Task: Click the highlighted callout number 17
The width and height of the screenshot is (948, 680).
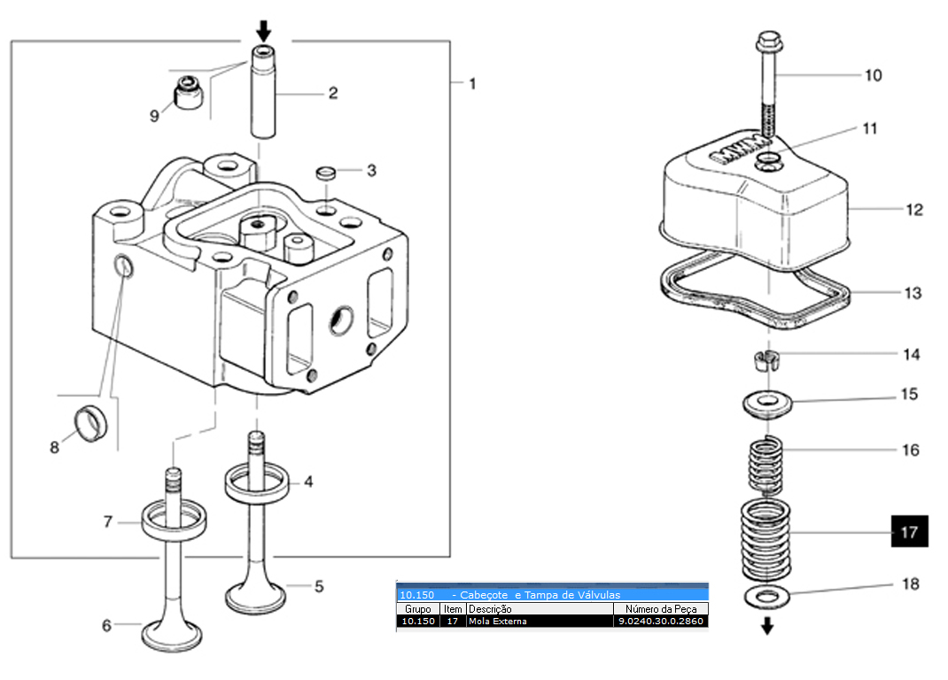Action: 909,531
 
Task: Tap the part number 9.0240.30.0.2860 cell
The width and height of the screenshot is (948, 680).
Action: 660,621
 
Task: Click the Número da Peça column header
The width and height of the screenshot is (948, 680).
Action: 661,608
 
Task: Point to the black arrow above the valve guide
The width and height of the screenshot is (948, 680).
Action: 264,31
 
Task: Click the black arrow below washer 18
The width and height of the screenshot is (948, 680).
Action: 767,626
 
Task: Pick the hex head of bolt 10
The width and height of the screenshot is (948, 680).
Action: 769,42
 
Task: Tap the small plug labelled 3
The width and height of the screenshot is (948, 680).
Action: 326,173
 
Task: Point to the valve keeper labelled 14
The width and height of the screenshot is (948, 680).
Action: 767,360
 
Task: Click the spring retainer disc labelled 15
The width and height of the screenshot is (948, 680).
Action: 767,404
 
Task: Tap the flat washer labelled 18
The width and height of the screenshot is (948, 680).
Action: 766,597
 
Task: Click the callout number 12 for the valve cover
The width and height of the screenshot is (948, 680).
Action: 914,210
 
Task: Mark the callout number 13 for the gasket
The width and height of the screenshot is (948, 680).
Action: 913,293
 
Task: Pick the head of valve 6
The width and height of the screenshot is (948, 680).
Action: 172,637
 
